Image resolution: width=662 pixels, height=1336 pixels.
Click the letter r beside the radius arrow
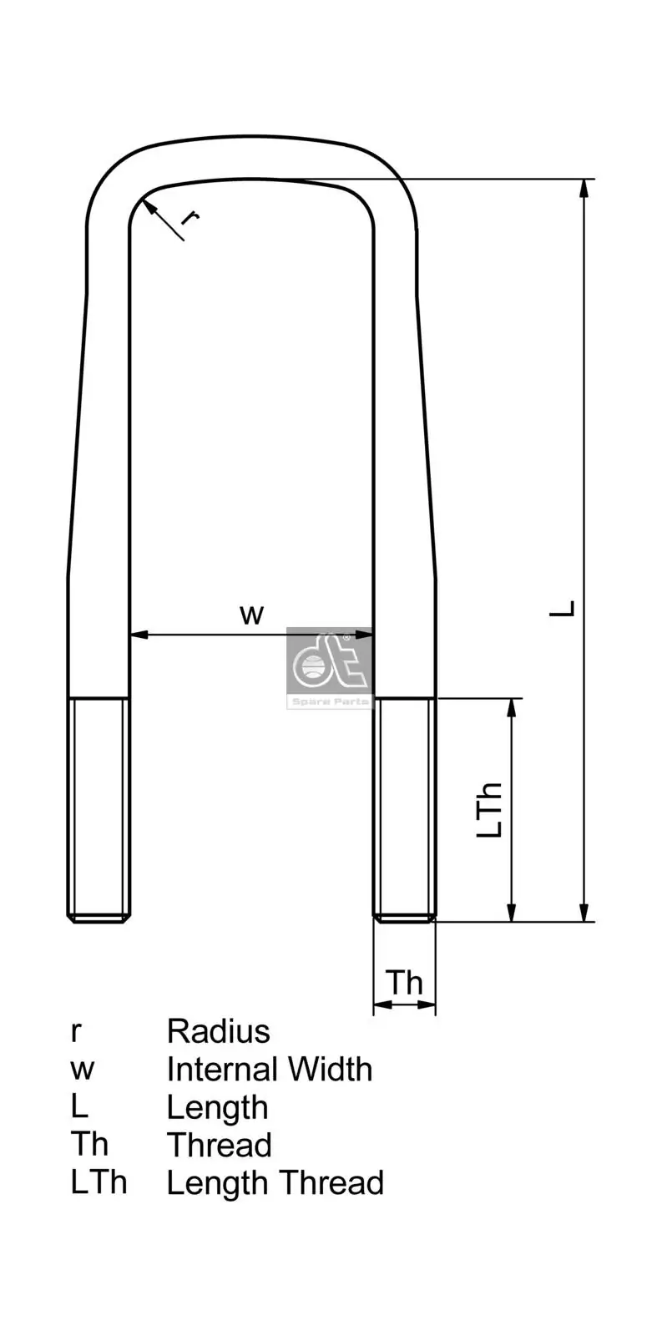(x=190, y=217)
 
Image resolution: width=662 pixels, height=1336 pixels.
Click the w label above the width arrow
(x=251, y=615)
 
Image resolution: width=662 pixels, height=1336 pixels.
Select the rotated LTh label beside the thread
(x=490, y=810)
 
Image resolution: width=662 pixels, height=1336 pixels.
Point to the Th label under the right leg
(x=404, y=983)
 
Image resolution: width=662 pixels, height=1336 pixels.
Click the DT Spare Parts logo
(x=329, y=667)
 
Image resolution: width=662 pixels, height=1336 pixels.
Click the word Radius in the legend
(x=218, y=1031)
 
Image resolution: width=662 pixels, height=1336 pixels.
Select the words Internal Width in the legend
(x=269, y=1070)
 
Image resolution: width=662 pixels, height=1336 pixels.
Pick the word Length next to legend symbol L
(x=217, y=1108)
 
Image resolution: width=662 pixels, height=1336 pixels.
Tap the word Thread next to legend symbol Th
(x=219, y=1146)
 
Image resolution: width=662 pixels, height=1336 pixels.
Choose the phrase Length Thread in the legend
(x=275, y=1183)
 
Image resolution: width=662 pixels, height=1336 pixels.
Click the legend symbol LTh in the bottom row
(x=99, y=1183)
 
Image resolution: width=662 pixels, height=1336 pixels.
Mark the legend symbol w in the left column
(x=82, y=1070)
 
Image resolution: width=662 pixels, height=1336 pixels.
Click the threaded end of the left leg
(x=99, y=809)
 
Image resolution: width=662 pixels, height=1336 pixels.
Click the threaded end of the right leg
(x=405, y=809)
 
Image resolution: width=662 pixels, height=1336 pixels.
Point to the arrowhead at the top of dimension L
(x=584, y=189)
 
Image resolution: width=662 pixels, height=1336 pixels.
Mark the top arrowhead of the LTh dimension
(x=512, y=708)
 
